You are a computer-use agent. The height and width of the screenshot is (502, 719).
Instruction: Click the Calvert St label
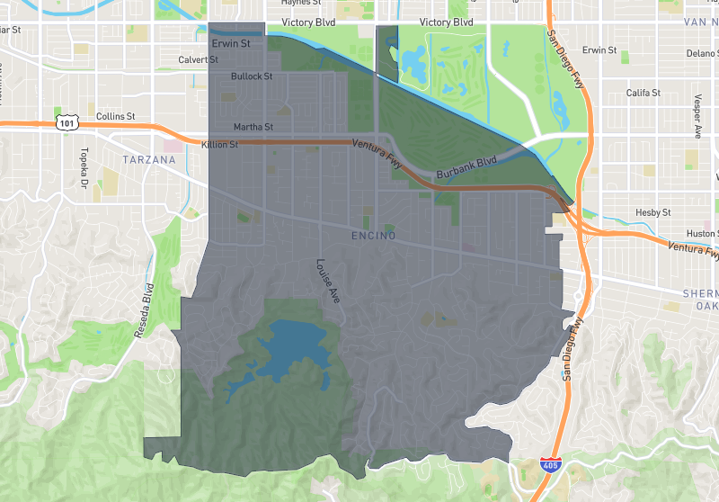point(199,60)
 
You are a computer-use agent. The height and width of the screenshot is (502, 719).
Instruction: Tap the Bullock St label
point(252,76)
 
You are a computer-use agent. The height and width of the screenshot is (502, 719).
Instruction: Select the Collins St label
point(115,116)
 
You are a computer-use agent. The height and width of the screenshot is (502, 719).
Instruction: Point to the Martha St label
point(253,127)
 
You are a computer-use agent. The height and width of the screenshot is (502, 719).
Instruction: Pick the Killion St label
point(220,144)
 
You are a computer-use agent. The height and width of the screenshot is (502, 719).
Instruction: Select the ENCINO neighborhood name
point(370,237)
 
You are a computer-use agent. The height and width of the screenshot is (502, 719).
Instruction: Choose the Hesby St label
point(653,212)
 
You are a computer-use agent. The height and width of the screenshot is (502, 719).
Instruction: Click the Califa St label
point(644,93)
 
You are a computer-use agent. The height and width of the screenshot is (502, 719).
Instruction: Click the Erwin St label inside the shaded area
point(232,42)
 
